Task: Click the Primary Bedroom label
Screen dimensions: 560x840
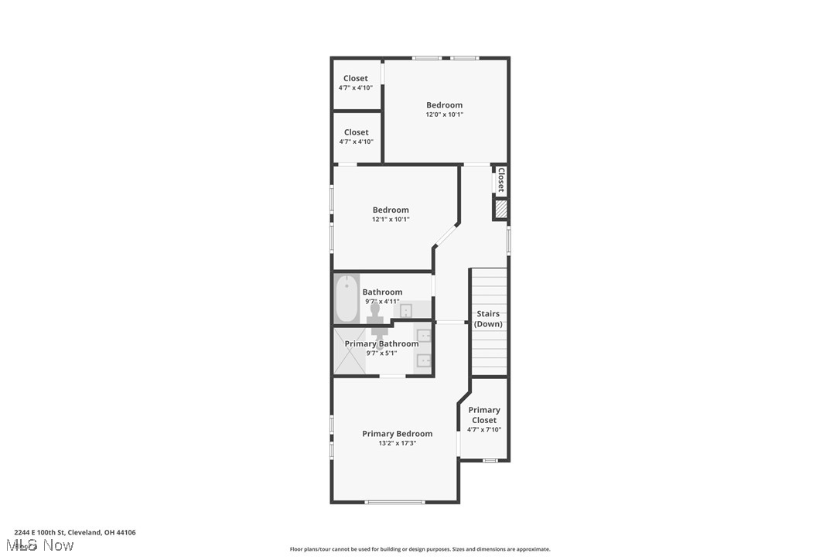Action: tap(397, 434)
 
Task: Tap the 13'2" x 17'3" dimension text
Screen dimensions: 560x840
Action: tap(397, 443)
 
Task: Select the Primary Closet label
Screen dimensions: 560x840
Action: tap(484, 415)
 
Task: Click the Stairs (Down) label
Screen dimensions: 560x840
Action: tap(488, 319)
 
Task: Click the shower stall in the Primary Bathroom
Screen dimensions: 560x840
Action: tap(349, 351)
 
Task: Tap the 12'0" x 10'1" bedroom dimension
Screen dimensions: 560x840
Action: tap(444, 114)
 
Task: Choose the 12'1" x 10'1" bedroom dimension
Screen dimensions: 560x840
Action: tap(391, 220)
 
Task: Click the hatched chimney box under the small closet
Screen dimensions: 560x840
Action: tap(500, 209)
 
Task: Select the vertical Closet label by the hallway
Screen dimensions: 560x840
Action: tap(500, 179)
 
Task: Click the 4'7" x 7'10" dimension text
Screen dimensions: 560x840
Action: tap(484, 430)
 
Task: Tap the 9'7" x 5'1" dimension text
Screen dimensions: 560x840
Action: tap(381, 353)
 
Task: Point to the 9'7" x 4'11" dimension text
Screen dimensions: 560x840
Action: tap(382, 302)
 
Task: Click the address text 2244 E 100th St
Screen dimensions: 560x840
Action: tap(75, 532)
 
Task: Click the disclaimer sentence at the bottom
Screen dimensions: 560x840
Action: tap(420, 549)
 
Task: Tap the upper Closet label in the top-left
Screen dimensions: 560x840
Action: tap(356, 78)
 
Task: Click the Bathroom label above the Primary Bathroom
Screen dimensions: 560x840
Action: tap(382, 292)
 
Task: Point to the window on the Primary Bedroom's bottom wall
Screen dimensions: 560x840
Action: tap(395, 503)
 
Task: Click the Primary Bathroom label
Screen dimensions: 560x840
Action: tap(381, 344)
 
